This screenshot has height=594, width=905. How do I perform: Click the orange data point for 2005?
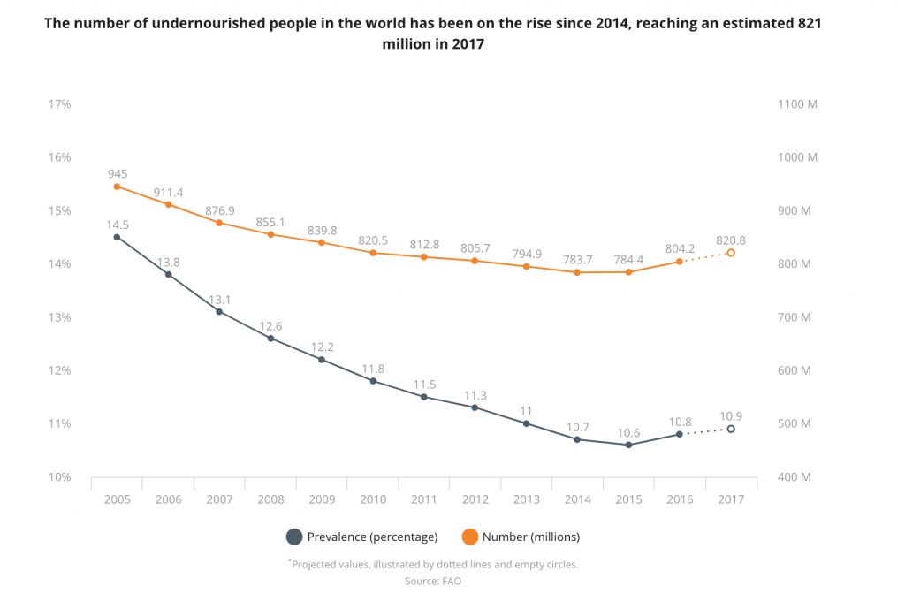117,187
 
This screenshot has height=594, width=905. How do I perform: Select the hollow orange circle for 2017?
731,253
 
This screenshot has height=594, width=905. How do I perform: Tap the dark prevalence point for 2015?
628,445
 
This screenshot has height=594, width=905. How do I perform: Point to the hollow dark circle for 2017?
731,429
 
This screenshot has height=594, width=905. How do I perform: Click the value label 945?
118,173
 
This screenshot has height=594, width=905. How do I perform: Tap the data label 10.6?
628,431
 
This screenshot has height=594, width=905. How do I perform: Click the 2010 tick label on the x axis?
373,499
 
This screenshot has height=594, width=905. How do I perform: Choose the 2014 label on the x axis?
578,499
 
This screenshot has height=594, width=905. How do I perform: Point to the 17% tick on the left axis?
59,104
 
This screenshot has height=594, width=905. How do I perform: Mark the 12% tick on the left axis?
59,370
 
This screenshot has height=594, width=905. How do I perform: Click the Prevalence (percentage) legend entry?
362,537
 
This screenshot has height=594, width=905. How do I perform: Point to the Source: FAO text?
433,581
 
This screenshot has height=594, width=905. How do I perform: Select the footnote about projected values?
433,564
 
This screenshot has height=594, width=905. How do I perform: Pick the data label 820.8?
731,240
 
